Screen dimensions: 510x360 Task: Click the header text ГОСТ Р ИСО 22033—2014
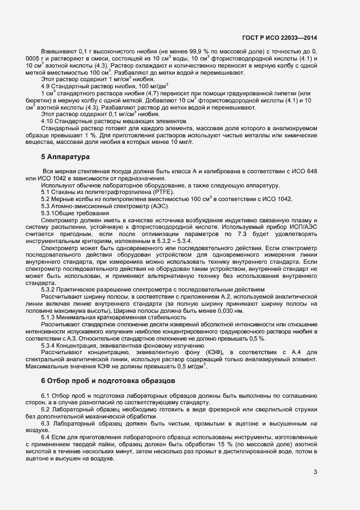coord(279,38)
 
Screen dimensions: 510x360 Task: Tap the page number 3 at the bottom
coord(315,472)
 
